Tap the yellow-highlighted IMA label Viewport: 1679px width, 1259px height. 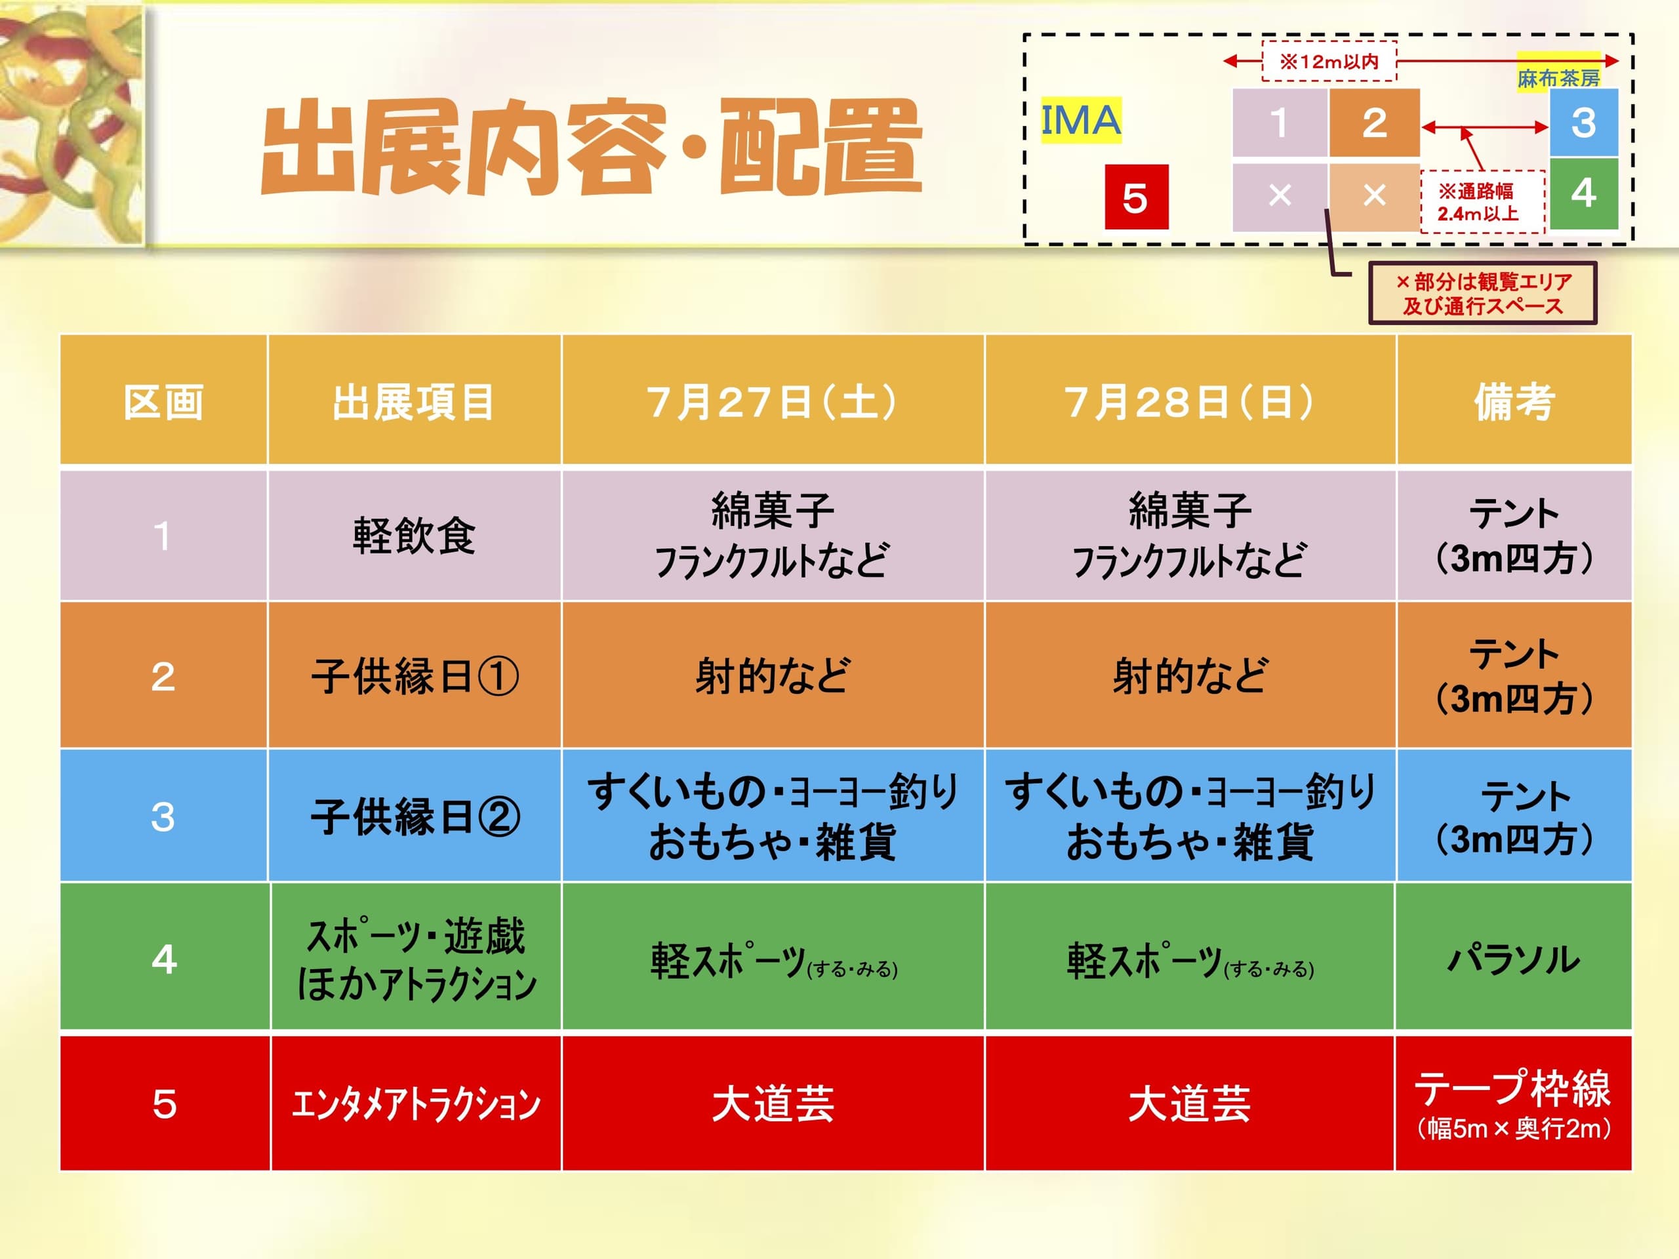pyautogui.click(x=1080, y=120)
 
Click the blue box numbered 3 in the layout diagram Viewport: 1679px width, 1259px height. pyautogui.click(x=1583, y=122)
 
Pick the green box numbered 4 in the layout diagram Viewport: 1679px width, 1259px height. pyautogui.click(x=1583, y=193)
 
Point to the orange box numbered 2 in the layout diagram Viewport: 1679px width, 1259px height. pyautogui.click(x=1374, y=122)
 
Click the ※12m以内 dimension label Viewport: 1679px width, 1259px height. pyautogui.click(x=1329, y=61)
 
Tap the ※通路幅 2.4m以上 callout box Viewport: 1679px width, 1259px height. pyautogui.click(x=1482, y=202)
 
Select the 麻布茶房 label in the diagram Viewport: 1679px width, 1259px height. pyautogui.click(x=1558, y=77)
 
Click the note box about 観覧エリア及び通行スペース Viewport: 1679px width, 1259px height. pyautogui.click(x=1482, y=294)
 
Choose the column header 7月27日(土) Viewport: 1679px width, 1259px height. pyautogui.click(x=773, y=401)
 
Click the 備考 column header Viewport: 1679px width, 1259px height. pyautogui.click(x=1514, y=401)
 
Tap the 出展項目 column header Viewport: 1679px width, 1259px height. pyautogui.click(x=414, y=401)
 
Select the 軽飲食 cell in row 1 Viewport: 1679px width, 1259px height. pyautogui.click(x=415, y=536)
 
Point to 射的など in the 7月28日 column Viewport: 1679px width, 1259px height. pyautogui.click(x=1190, y=675)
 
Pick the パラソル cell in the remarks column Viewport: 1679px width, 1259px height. pyautogui.click(x=1514, y=959)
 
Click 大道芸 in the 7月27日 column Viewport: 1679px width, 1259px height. pyautogui.click(x=773, y=1104)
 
